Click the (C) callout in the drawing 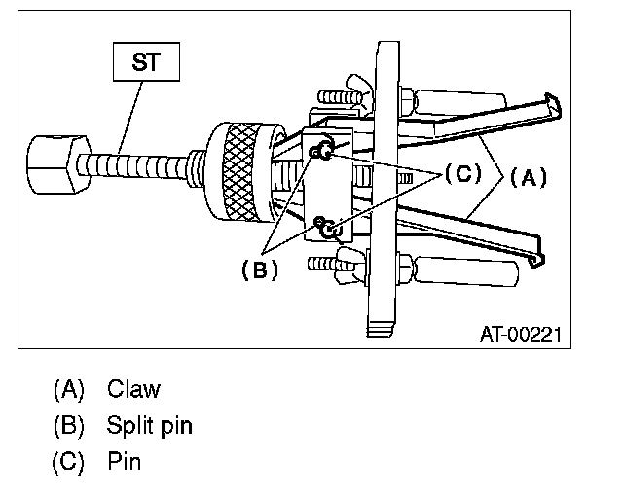(462, 174)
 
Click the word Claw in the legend (134, 390)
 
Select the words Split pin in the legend (150, 426)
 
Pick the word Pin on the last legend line (125, 461)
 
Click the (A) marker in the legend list (68, 390)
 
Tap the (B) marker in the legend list (68, 426)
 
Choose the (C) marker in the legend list (68, 461)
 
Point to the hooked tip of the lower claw (538, 259)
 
